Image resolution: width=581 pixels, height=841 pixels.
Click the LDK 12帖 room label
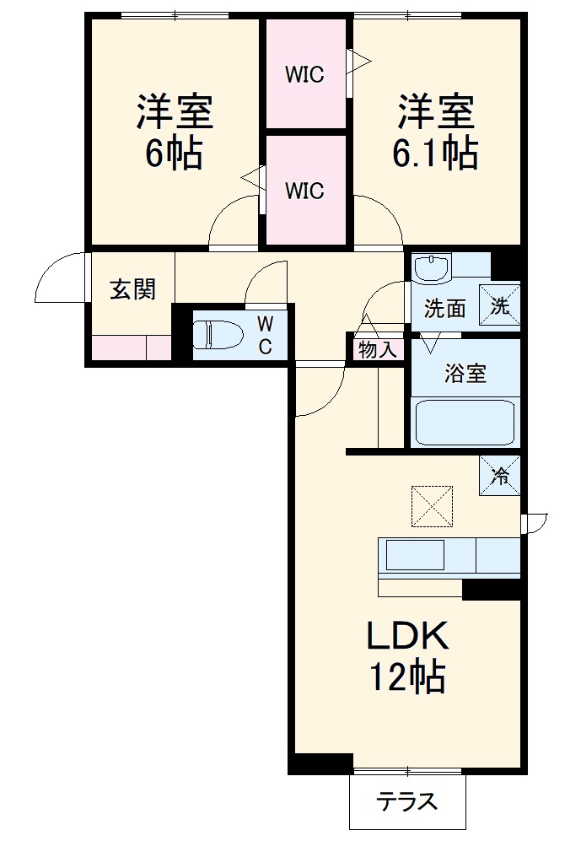coord(407,656)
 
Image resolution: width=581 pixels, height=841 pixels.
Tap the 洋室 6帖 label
coord(175,132)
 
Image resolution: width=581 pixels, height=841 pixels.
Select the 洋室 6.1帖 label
coord(435,132)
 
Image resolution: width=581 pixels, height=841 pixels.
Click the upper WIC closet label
coord(304,75)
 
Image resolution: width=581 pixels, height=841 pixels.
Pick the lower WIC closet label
coord(304,191)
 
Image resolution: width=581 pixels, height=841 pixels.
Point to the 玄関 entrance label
coord(133,290)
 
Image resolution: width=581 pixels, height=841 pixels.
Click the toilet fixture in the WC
coord(217,334)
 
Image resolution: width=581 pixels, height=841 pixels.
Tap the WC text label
coord(265,335)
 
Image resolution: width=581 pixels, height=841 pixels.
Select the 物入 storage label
coord(377,349)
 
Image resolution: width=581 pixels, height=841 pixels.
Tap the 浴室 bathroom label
coord(465,373)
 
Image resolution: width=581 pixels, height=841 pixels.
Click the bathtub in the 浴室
coord(465,421)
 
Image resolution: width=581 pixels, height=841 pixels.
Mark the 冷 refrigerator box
coord(500,475)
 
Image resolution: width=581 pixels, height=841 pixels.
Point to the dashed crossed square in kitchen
coord(432,507)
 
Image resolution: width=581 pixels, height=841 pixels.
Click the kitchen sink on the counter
coord(415,557)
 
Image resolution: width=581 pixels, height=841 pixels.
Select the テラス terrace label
coord(407,801)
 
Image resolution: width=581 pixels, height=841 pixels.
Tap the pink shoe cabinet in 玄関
coord(131,348)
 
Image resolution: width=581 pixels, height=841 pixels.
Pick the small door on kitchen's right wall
coord(534,523)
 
